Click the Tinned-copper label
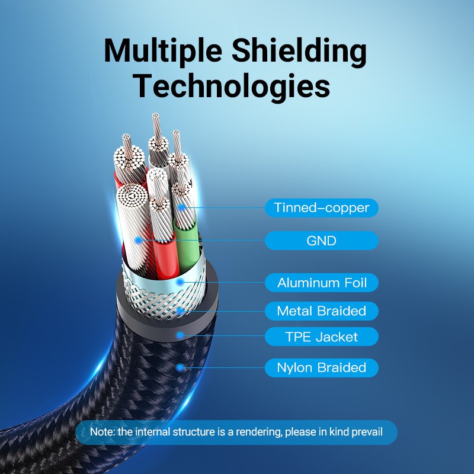coord(321,208)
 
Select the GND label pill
coord(321,241)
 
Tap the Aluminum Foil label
coord(321,283)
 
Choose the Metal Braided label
coord(321,310)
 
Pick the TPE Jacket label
coord(321,337)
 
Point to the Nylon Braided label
coord(321,367)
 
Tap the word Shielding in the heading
coord(299,51)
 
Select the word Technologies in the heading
coord(231,86)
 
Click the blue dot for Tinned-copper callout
coord(181,207)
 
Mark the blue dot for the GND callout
coord(139,241)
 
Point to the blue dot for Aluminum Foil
coord(180,283)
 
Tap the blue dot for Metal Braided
coord(180,310)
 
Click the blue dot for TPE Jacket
coord(180,335)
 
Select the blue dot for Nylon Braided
coord(180,367)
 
